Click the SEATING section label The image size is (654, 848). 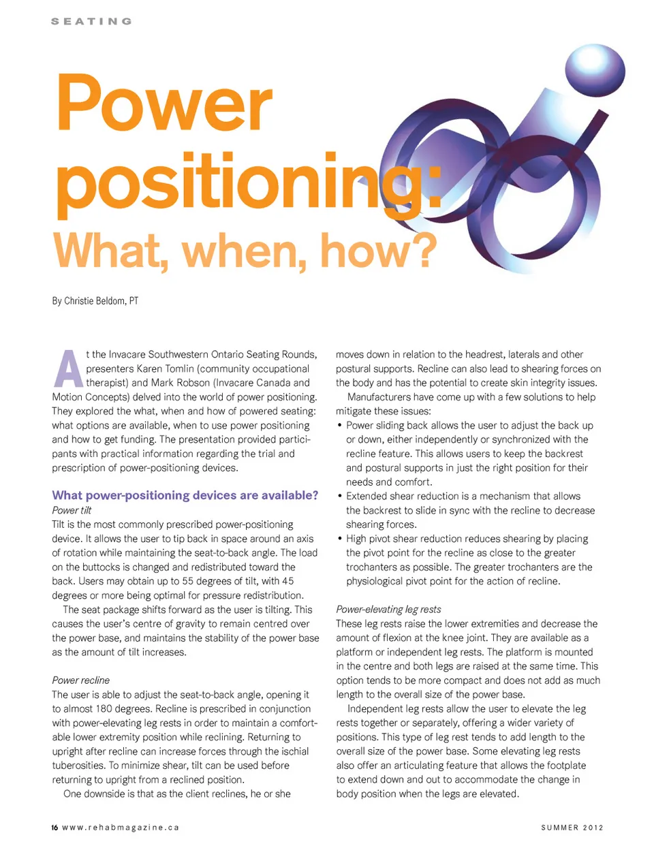point(91,21)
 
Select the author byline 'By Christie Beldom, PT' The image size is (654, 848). point(95,300)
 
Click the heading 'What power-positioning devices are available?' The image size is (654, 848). point(185,495)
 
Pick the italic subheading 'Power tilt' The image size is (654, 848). point(72,510)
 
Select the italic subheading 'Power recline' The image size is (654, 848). point(80,680)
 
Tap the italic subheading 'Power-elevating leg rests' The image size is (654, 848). point(388,610)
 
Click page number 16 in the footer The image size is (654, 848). point(54,828)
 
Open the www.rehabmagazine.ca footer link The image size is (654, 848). point(121,828)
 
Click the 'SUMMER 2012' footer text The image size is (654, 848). point(572,828)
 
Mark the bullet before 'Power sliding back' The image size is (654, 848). point(340,425)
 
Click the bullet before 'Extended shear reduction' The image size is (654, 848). point(340,496)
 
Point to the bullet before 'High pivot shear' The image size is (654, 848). point(340,539)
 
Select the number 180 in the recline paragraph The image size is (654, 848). point(110,709)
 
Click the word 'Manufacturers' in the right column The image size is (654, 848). point(380,397)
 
